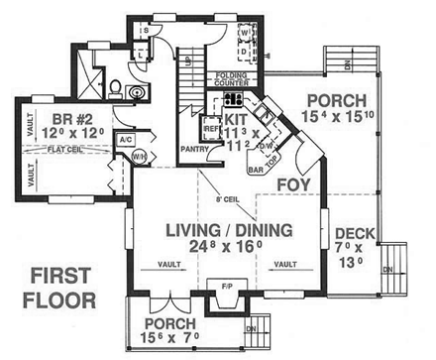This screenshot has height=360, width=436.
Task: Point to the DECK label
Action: [x=354, y=233]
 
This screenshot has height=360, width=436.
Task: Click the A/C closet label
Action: [x=126, y=139]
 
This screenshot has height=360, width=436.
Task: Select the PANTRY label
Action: [x=195, y=148]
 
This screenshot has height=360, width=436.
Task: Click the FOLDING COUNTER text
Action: [x=231, y=78]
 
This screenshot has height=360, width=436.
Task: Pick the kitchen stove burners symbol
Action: [x=234, y=99]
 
